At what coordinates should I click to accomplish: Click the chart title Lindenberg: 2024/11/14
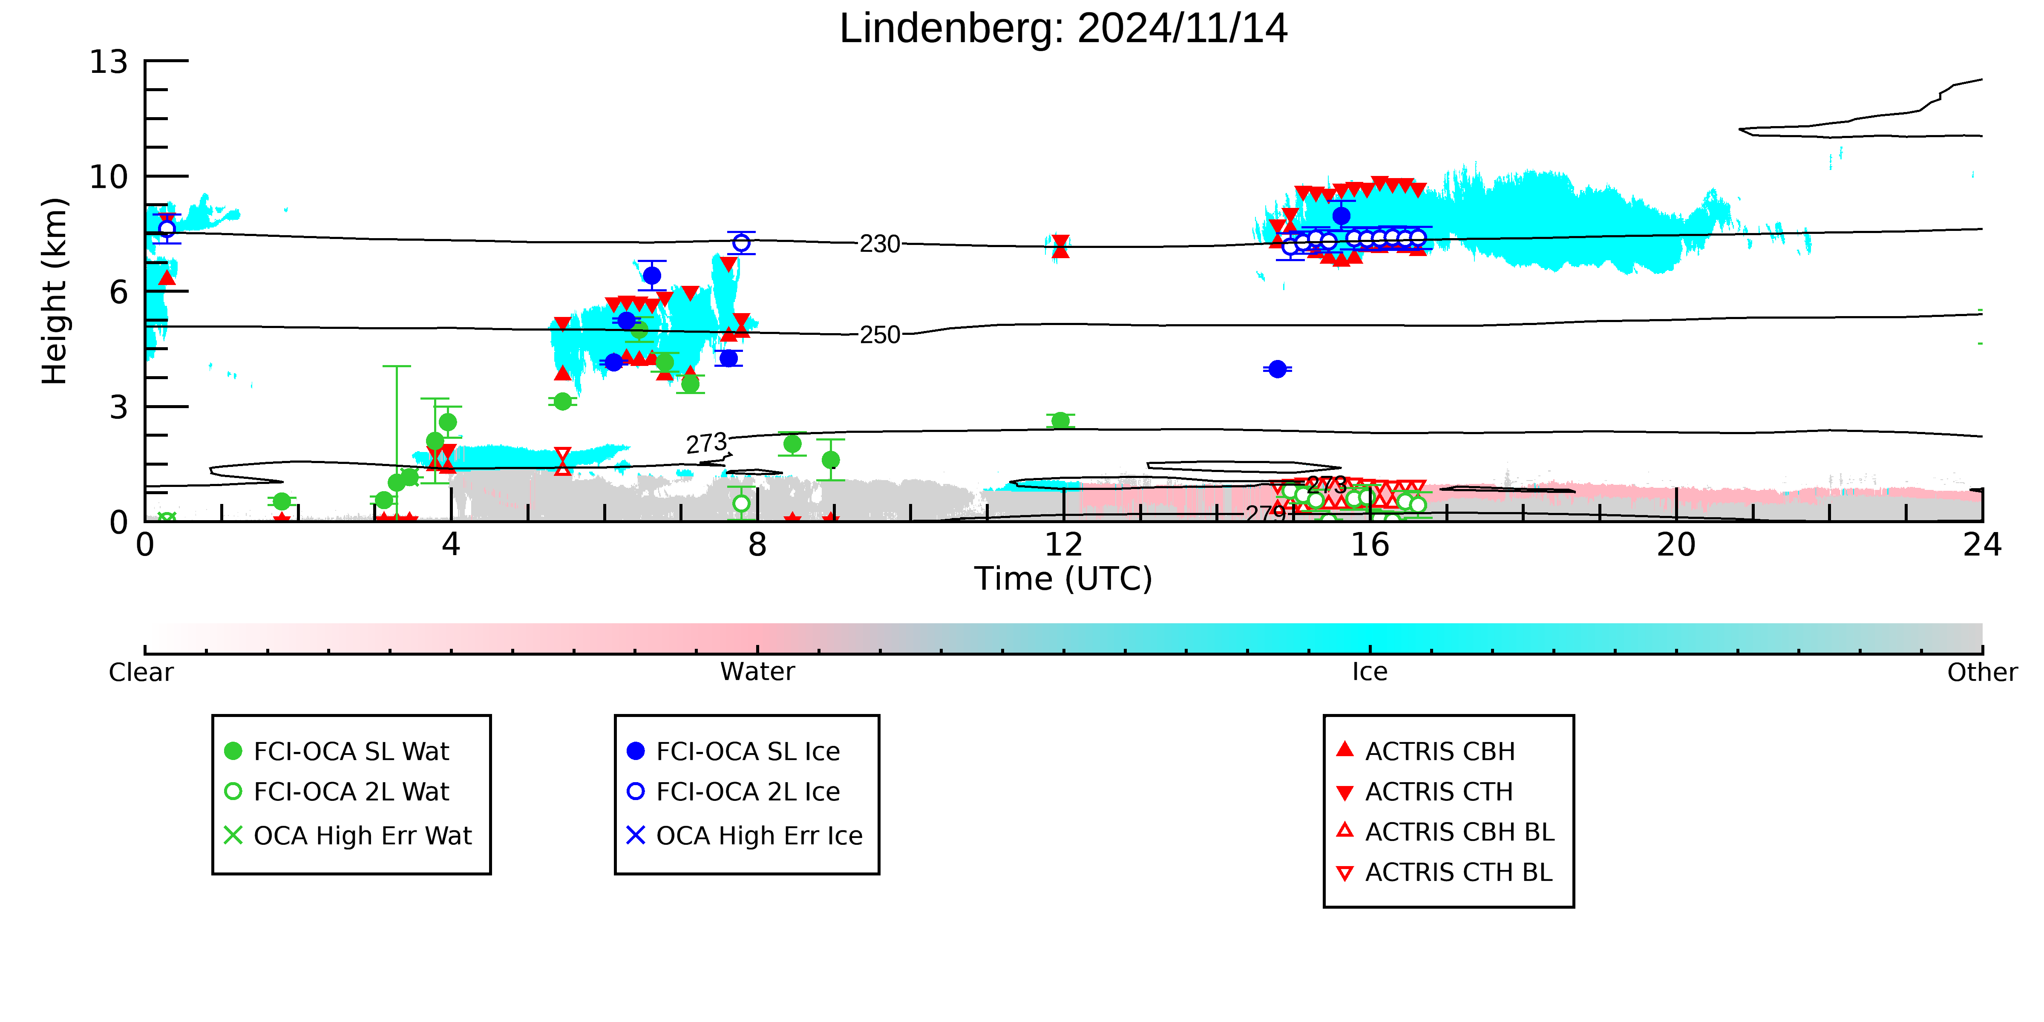[1063, 29]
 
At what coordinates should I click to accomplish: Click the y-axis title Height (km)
[55, 291]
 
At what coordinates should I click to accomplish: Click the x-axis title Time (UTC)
[1063, 579]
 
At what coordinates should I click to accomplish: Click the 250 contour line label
[880, 335]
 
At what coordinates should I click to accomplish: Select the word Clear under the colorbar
[141, 672]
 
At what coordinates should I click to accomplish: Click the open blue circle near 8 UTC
[741, 243]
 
